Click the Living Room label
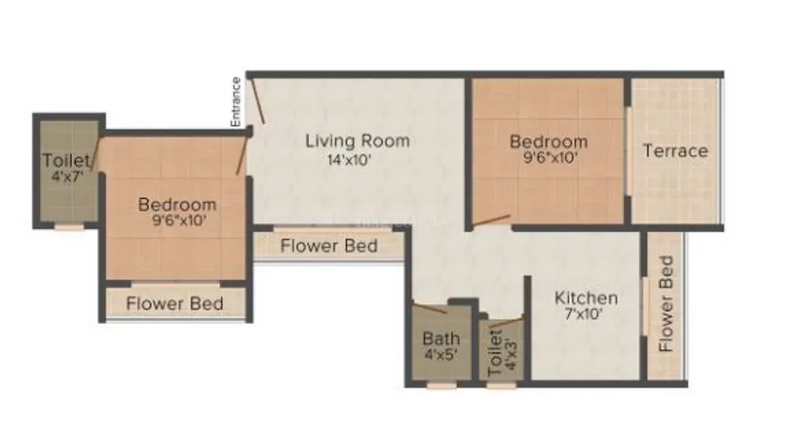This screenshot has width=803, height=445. [357, 141]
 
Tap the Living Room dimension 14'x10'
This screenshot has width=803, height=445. [349, 160]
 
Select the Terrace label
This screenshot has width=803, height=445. [675, 151]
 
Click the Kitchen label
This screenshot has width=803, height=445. [586, 297]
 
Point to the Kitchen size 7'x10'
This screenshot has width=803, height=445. [584, 314]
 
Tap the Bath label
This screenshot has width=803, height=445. [441, 338]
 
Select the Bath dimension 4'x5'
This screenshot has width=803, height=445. [441, 354]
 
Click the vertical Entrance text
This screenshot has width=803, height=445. [235, 102]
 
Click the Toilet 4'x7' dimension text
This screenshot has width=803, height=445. [67, 177]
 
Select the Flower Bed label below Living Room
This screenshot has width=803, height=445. [329, 246]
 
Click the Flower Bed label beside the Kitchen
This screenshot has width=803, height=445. [666, 304]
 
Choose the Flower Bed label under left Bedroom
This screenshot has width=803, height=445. [174, 304]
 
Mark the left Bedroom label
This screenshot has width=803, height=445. [177, 205]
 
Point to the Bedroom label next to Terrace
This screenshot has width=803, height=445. [549, 141]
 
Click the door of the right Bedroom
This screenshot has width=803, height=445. [491, 221]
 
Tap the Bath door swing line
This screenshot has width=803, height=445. [429, 308]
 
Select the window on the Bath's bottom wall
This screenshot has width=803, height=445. [442, 385]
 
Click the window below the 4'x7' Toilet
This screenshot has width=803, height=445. [69, 227]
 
